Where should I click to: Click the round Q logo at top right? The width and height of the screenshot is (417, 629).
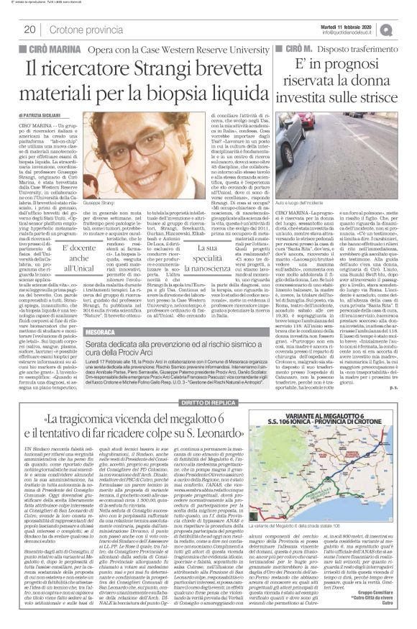pos(406,28)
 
